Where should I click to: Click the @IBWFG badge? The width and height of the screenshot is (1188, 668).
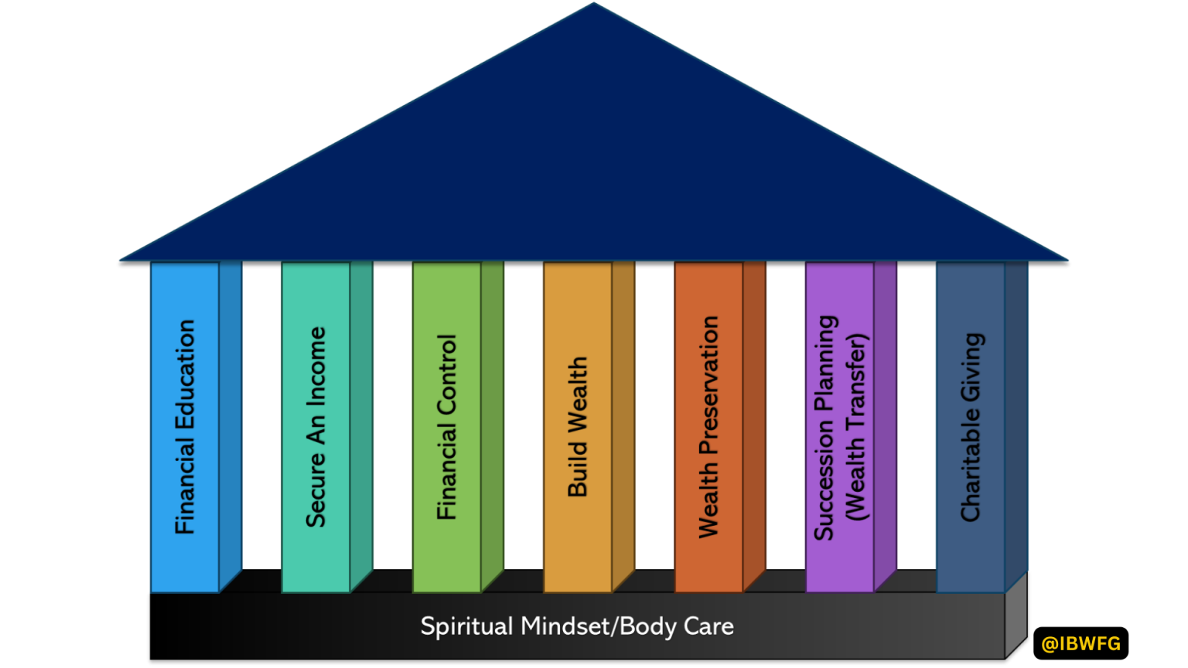coord(1080,643)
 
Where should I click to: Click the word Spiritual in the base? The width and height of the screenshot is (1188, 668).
coord(466,626)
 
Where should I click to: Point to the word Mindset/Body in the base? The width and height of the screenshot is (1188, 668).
coord(595,626)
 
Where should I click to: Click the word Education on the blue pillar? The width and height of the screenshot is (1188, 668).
coord(185,376)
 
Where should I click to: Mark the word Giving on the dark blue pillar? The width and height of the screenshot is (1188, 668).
coord(971,367)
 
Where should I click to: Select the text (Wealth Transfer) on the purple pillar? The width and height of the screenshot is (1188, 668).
coord(855,427)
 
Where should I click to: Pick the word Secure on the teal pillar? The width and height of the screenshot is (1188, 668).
coord(316,490)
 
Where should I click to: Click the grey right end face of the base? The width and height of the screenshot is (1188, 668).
coord(1016,615)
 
